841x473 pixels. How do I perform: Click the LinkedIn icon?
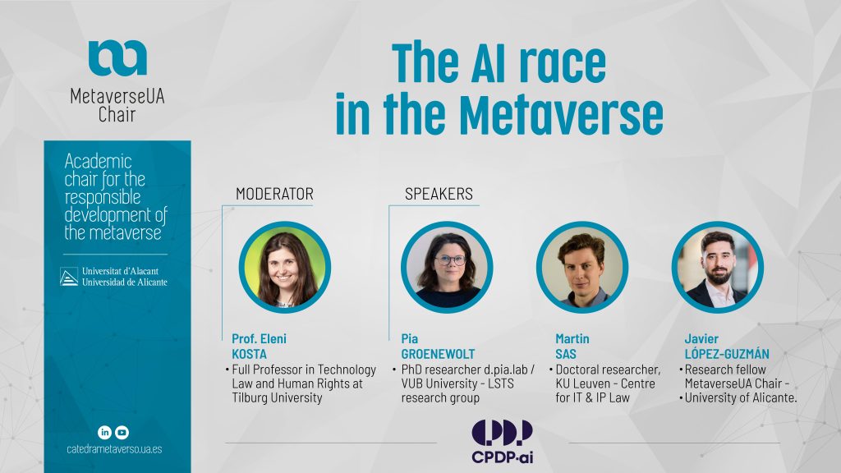pos(104,432)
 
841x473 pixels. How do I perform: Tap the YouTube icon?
pos(122,432)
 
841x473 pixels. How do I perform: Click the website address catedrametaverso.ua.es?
pos(114,449)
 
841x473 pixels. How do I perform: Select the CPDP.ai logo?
pos(502,441)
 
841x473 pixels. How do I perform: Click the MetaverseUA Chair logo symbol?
pos(117,57)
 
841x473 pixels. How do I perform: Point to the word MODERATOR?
pos(274,194)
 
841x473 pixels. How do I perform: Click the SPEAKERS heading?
pos(439,194)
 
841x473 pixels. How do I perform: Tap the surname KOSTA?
pos(250,354)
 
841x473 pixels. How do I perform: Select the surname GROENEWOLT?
pos(439,354)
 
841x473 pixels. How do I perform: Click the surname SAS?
pos(566,354)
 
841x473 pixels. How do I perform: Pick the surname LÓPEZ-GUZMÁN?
pos(727,354)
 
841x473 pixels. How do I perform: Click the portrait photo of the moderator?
pos(285,267)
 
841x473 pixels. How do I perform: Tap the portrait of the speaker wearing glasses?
pos(447,267)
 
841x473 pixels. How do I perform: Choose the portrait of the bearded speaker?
pos(718,267)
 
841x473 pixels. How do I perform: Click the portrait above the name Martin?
pos(582,267)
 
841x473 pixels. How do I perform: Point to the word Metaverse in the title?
pos(562,115)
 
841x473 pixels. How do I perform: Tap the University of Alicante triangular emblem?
pos(69,277)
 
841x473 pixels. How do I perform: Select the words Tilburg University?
pos(278,398)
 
